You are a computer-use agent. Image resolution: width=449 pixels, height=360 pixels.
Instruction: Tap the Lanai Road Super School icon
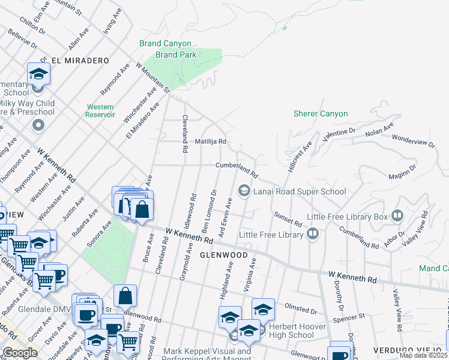244,191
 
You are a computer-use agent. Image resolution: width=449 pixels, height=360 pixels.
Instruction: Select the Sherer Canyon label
320,113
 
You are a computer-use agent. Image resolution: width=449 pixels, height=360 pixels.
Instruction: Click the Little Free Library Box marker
397,215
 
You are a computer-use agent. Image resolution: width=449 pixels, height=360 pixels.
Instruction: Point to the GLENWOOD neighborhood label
223,255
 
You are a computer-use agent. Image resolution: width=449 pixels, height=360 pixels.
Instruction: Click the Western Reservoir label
100,110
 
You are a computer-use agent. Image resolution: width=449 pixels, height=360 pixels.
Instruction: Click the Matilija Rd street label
209,142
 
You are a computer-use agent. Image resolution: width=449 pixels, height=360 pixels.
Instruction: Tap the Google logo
20,353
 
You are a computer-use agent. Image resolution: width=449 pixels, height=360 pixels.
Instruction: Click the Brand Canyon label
165,43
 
